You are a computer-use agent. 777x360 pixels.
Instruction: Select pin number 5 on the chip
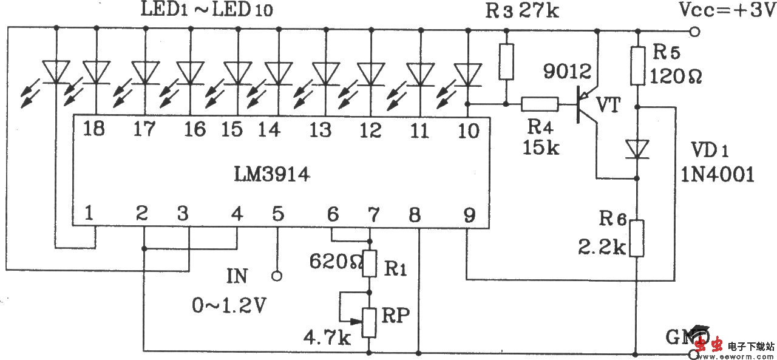pos(277,214)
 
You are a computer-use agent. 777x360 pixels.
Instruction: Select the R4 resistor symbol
pos(540,104)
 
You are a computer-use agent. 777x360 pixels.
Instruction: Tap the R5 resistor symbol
pos(637,67)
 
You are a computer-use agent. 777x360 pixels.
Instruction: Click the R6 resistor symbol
pos(637,238)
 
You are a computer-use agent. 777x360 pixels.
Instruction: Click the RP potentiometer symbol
pos(368,322)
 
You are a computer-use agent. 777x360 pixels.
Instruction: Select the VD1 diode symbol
pos(637,148)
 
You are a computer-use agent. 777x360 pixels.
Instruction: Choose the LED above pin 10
pos(467,74)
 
